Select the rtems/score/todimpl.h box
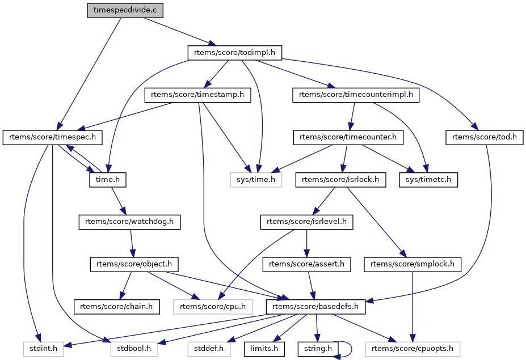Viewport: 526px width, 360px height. click(x=234, y=53)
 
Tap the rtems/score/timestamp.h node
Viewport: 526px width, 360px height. click(x=197, y=95)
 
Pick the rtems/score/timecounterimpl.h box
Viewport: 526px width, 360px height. click(x=356, y=95)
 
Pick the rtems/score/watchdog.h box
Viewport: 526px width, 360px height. click(x=129, y=222)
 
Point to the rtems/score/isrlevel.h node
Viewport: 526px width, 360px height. click(x=306, y=222)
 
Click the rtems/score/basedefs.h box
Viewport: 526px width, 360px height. click(x=316, y=307)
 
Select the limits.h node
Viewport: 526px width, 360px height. click(x=264, y=349)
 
